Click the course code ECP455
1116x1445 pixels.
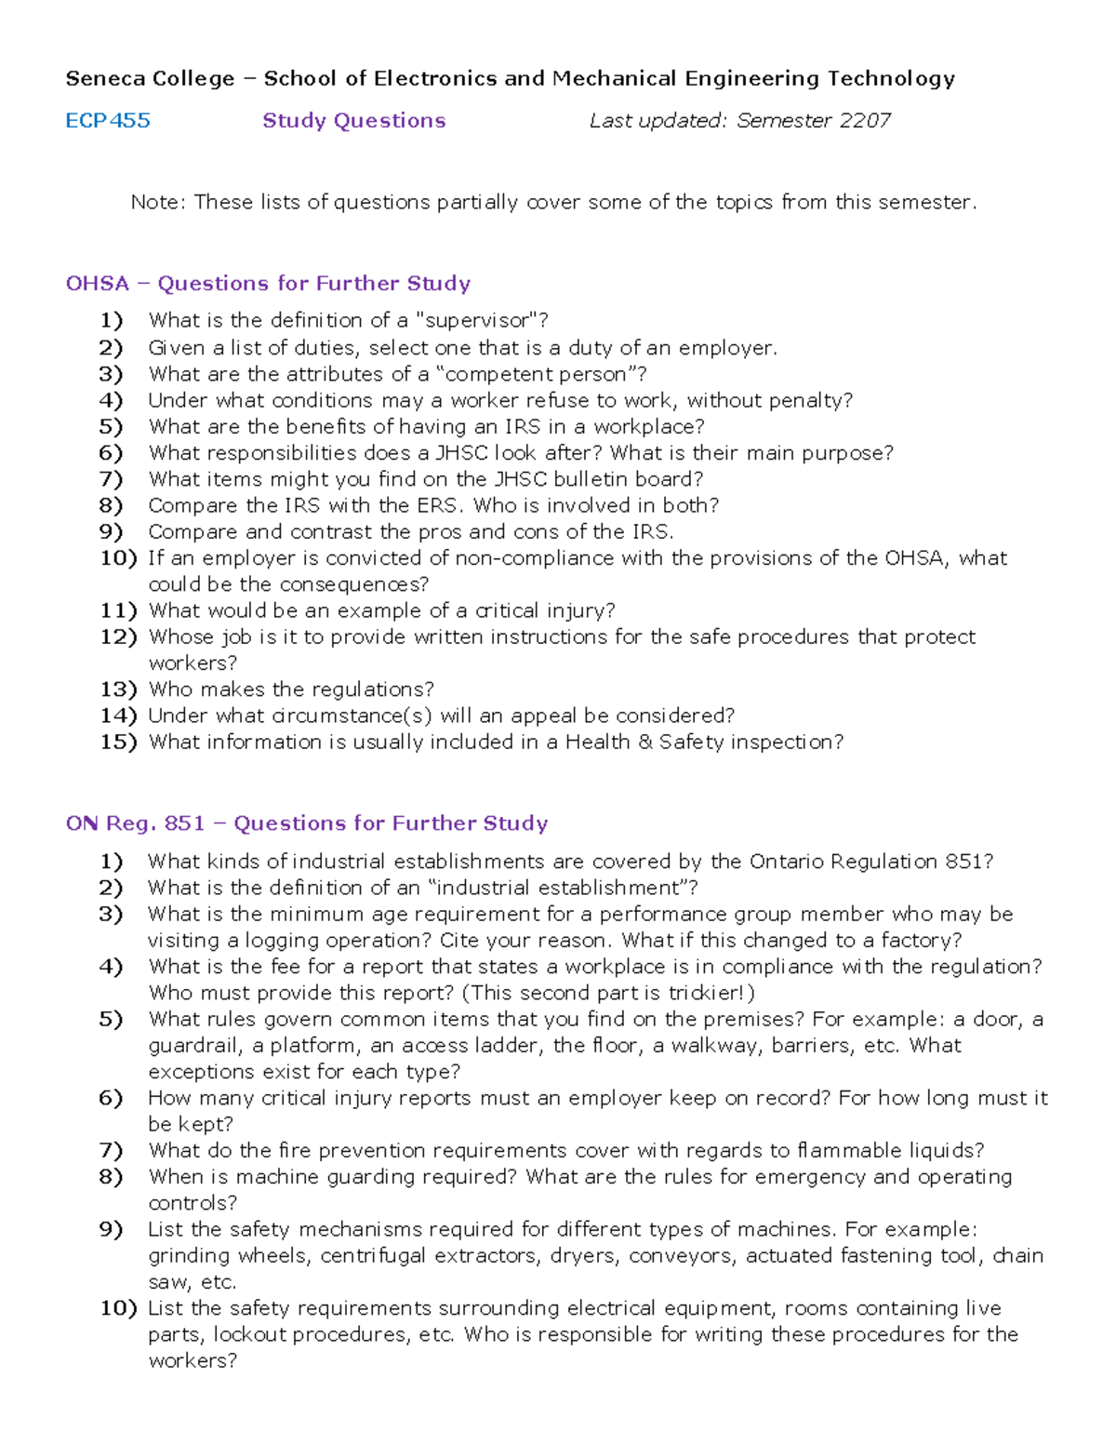[x=108, y=121]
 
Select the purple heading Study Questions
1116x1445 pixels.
[x=353, y=121]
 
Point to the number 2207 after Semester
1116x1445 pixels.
[x=864, y=121]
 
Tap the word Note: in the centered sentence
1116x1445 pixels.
[x=158, y=203]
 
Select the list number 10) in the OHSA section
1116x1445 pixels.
[x=118, y=558]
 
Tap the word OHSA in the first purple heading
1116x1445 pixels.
[x=97, y=284]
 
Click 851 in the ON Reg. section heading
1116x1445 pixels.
[x=184, y=823]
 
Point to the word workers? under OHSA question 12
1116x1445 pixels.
[x=193, y=663]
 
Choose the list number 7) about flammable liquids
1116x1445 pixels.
[x=111, y=1151]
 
